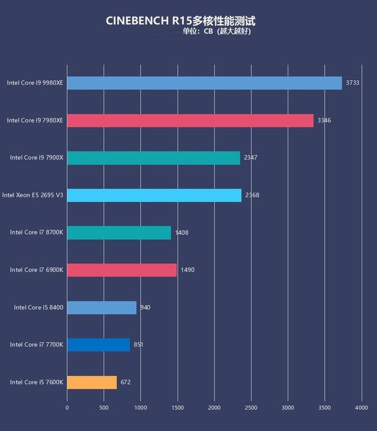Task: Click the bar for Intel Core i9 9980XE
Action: click(x=204, y=83)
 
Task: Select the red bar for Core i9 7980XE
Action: click(x=190, y=120)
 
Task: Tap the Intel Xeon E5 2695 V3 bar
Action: click(x=154, y=195)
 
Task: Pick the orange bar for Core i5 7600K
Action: click(x=92, y=382)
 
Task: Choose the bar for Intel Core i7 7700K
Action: click(x=98, y=344)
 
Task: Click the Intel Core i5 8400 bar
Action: click(x=102, y=307)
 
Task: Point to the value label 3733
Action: click(x=352, y=83)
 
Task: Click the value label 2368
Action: click(x=252, y=195)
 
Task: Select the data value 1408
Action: click(x=181, y=233)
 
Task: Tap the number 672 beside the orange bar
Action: click(x=125, y=382)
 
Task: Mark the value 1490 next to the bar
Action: click(x=187, y=270)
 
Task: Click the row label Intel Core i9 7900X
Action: click(x=37, y=158)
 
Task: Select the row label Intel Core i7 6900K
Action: click(x=37, y=270)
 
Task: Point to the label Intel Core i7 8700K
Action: click(x=37, y=233)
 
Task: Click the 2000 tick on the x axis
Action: click(x=214, y=407)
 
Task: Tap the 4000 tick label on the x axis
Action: click(x=361, y=407)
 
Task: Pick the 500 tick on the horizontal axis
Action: click(x=104, y=407)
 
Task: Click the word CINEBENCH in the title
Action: click(x=137, y=21)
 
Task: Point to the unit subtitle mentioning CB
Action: click(x=216, y=32)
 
